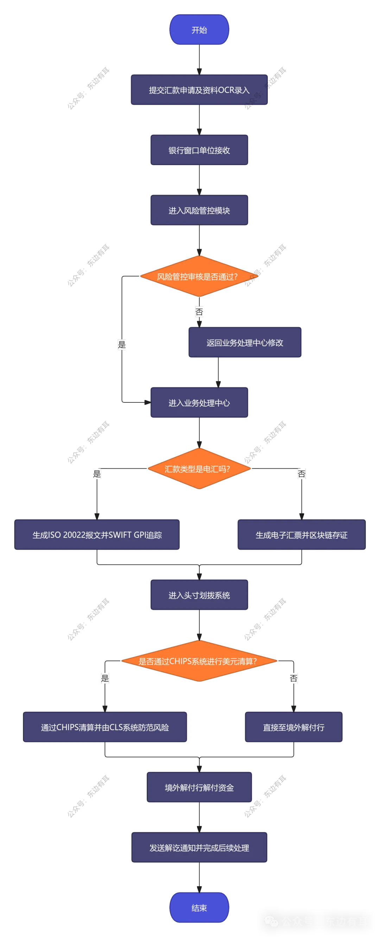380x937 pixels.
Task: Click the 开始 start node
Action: pyautogui.click(x=199, y=30)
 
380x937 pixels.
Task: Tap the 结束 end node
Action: pyautogui.click(x=199, y=907)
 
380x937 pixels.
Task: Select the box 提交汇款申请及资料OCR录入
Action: pyautogui.click(x=199, y=90)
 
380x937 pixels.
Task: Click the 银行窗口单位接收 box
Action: pyautogui.click(x=199, y=150)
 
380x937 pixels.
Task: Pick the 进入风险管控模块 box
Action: pyautogui.click(x=199, y=210)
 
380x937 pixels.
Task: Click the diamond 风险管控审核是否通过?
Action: pyautogui.click(x=199, y=276)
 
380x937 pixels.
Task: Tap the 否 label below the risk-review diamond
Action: pyautogui.click(x=199, y=312)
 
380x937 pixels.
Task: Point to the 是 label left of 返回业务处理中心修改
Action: pyautogui.click(x=121, y=345)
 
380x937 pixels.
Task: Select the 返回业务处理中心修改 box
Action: pyautogui.click(x=245, y=343)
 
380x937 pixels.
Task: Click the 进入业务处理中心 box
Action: pyautogui.click(x=199, y=403)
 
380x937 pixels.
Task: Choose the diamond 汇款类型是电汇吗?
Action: pyautogui.click(x=199, y=469)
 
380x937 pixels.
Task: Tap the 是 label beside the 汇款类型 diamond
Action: pyautogui.click(x=97, y=474)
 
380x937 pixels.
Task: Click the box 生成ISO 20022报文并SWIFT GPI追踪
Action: pyautogui.click(x=97, y=535)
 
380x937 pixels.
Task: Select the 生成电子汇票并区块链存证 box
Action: pyautogui.click(x=301, y=535)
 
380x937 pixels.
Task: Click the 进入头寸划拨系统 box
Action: pyautogui.click(x=199, y=595)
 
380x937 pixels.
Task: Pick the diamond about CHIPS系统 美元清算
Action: pyautogui.click(x=199, y=661)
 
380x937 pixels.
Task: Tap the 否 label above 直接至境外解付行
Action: pyautogui.click(x=293, y=678)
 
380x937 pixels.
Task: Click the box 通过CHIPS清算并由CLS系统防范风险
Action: pyautogui.click(x=105, y=727)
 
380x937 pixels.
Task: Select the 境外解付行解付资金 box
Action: pyautogui.click(x=199, y=788)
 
